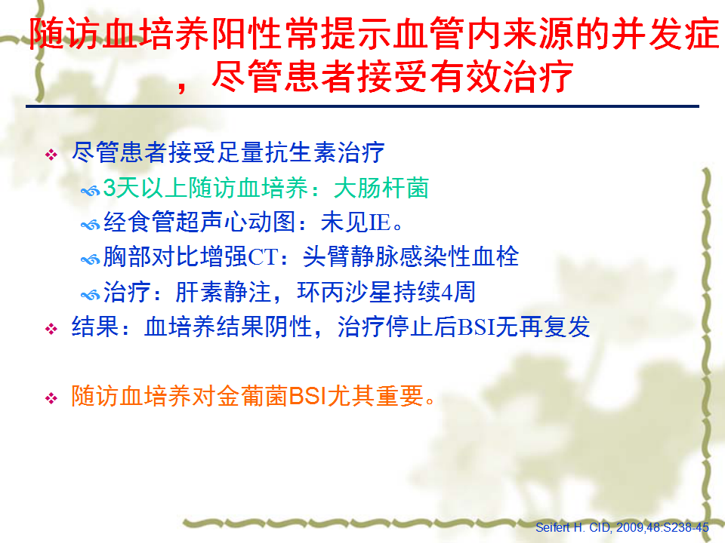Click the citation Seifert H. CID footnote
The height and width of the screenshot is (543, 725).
(622, 527)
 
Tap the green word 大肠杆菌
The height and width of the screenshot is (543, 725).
(381, 188)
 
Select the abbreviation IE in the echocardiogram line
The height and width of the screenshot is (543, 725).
(380, 222)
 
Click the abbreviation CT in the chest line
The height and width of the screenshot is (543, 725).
(264, 256)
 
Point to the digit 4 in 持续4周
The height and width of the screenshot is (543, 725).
(446, 293)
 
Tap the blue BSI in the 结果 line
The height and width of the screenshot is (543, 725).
(476, 327)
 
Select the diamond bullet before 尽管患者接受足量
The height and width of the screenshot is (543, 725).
(51, 154)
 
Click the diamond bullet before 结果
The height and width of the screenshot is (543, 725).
(51, 329)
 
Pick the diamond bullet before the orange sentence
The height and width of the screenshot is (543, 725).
(51, 398)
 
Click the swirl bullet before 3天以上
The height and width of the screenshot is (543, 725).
(90, 190)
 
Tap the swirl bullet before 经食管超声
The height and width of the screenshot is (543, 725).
(90, 225)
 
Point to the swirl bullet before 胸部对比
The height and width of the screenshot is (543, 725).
(90, 259)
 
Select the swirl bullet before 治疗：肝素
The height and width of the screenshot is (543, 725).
(90, 295)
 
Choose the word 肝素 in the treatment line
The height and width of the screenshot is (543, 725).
(199, 293)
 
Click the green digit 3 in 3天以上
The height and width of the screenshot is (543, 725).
(109, 188)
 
